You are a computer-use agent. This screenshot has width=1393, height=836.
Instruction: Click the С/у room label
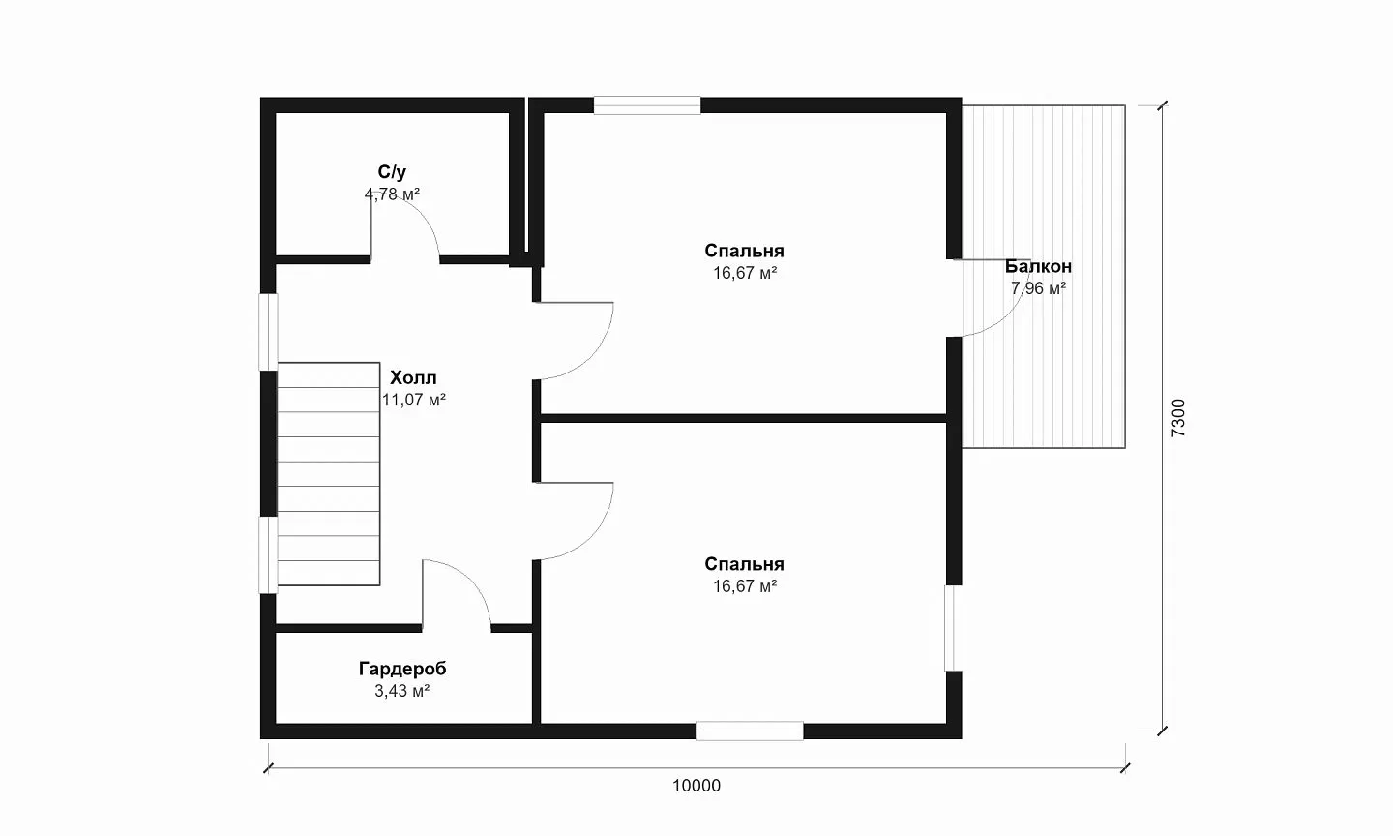click(392, 172)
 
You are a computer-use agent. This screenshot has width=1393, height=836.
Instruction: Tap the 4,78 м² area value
click(392, 194)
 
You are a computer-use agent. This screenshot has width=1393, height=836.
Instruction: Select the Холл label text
click(413, 377)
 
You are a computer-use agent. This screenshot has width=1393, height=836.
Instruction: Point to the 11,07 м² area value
click(414, 400)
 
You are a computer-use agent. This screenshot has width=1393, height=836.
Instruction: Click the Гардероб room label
click(402, 669)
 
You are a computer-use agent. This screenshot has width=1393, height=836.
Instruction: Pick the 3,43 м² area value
click(402, 691)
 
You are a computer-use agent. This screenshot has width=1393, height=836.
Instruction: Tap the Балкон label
click(1038, 266)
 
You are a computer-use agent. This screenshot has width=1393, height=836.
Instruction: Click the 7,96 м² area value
click(1038, 288)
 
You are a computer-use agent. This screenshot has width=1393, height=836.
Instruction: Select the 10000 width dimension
click(696, 786)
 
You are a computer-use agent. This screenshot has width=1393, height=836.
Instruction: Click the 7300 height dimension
click(1178, 418)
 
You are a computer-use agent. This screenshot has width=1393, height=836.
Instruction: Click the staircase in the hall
click(328, 474)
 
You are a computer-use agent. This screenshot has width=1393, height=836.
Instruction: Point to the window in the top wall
click(647, 105)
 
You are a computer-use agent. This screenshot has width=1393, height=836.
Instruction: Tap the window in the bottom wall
click(750, 731)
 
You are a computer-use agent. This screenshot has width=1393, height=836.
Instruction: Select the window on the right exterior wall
click(954, 628)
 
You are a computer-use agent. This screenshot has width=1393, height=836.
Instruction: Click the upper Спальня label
click(745, 251)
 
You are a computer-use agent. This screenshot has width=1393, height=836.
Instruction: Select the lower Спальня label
click(745, 564)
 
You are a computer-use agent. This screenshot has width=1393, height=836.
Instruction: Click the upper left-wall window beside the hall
click(268, 332)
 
